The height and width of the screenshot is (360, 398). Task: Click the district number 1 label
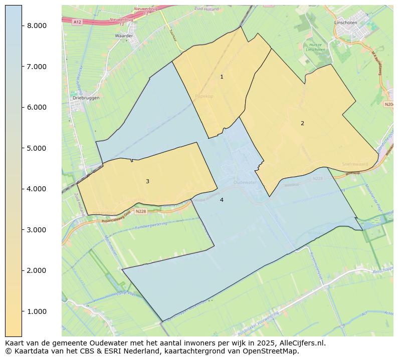pyautogui.click(x=222, y=77)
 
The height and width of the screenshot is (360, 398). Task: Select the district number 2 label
pyautogui.click(x=302, y=123)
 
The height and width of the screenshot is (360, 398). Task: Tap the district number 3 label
pyautogui.click(x=147, y=181)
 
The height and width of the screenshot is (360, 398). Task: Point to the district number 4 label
pyautogui.click(x=222, y=200)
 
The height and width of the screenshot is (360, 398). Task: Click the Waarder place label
pyautogui.click(x=124, y=36)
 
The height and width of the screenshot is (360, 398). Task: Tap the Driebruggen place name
pyautogui.click(x=86, y=98)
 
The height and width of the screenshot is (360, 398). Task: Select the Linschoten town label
pyautogui.click(x=346, y=23)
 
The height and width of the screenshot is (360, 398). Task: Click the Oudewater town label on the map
pyautogui.click(x=245, y=183)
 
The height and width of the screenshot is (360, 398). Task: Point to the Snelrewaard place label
pyautogui.click(x=355, y=164)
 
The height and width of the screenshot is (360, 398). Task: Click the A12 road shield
pyautogui.click(x=77, y=22)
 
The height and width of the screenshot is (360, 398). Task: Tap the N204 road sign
pyautogui.click(x=389, y=104)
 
